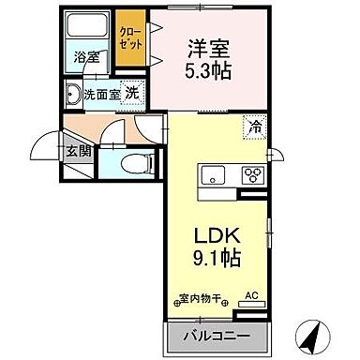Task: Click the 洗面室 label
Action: [x=100, y=94]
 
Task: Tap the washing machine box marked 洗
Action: [x=134, y=93]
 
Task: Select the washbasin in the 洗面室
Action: [x=73, y=94]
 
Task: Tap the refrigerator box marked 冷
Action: [x=252, y=122]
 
